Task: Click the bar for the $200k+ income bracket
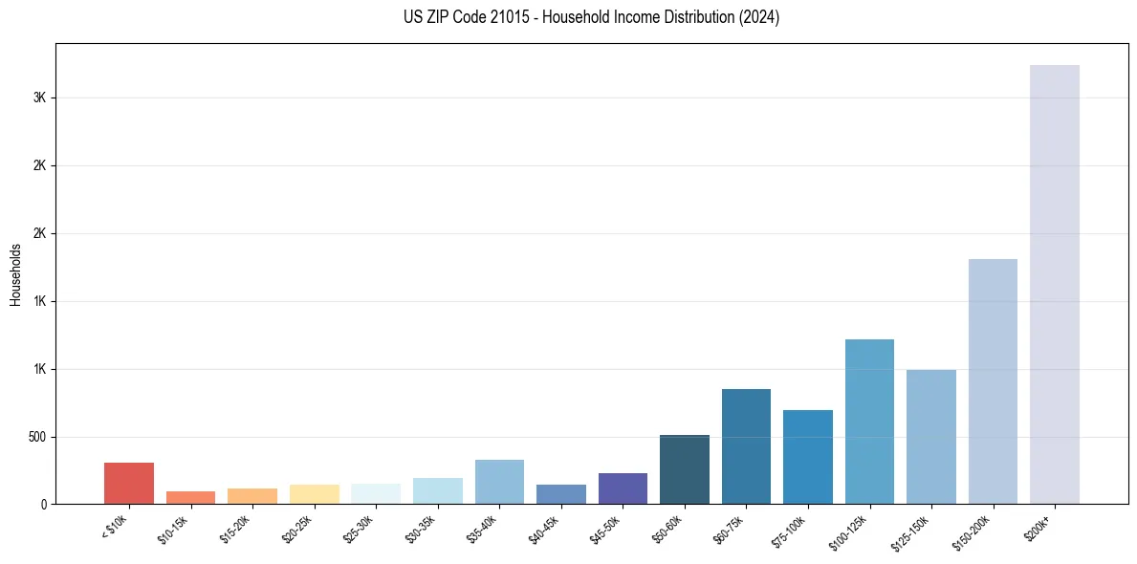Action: (1054, 284)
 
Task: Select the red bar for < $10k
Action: (129, 483)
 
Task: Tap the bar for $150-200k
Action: (993, 381)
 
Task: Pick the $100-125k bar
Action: (869, 422)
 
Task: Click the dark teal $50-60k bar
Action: (685, 469)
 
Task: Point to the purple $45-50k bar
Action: (623, 488)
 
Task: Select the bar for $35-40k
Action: (499, 482)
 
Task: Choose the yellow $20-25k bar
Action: (315, 493)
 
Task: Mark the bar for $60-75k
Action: (746, 446)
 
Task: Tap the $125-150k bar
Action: (930, 437)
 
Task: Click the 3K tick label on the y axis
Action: (39, 98)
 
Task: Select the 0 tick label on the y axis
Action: (44, 505)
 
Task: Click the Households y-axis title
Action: (15, 274)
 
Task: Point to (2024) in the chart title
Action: (759, 17)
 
